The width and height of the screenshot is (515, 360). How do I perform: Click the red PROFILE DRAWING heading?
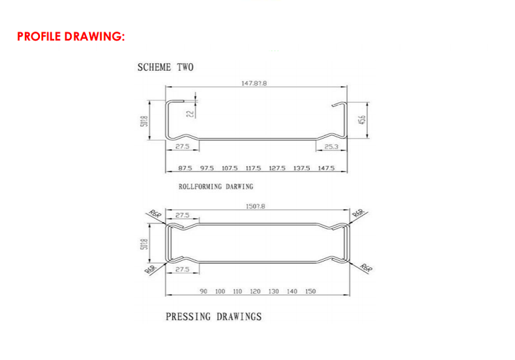(71, 36)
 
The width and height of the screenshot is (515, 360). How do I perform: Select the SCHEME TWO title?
(165, 67)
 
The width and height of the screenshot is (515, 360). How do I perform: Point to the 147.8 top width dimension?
(254, 82)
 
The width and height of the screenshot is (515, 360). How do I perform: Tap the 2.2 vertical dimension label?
(190, 113)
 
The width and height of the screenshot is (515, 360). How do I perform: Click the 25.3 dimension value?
(332, 147)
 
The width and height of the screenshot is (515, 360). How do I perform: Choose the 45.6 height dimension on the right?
(362, 119)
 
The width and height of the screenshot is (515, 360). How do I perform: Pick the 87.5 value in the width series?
(185, 168)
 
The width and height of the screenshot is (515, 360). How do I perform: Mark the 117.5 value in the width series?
(253, 168)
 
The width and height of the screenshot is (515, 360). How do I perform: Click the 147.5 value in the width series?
(326, 168)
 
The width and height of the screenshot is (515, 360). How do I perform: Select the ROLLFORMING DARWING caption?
(216, 187)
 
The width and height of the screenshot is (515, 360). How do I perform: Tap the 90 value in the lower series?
(203, 291)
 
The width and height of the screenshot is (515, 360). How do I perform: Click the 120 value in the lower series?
(255, 291)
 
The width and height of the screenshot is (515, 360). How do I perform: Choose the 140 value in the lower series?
(292, 291)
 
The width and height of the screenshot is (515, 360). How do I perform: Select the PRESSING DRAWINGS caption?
(213, 316)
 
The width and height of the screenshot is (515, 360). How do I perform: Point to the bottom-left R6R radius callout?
(150, 268)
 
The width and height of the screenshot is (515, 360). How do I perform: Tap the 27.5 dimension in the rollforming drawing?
(182, 147)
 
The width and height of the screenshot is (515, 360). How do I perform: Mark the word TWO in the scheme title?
(185, 67)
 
